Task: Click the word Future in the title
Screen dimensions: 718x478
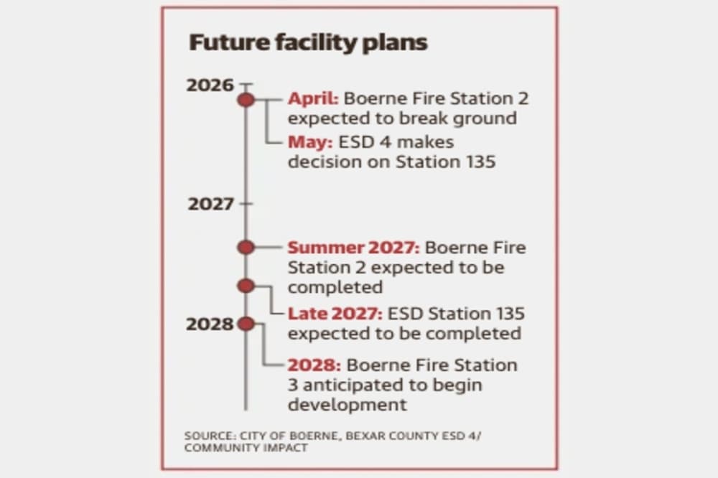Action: (230, 42)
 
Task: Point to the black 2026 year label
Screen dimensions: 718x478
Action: (210, 85)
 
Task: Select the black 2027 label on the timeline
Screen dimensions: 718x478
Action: (210, 204)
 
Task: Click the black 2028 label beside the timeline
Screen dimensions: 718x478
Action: (210, 324)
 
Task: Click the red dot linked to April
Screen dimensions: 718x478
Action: (246, 99)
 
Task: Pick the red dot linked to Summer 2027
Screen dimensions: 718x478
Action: (246, 247)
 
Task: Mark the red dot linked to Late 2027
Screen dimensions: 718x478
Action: (246, 286)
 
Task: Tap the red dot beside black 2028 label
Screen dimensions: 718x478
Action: (246, 324)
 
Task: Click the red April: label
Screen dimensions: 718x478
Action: (313, 99)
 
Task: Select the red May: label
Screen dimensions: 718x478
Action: (310, 143)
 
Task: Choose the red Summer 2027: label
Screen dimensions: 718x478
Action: (353, 248)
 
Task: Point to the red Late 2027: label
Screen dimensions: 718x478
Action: (335, 314)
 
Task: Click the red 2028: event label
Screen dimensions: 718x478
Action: (314, 365)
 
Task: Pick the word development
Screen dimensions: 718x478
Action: (348, 406)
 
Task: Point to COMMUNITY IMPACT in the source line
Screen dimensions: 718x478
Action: (246, 448)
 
